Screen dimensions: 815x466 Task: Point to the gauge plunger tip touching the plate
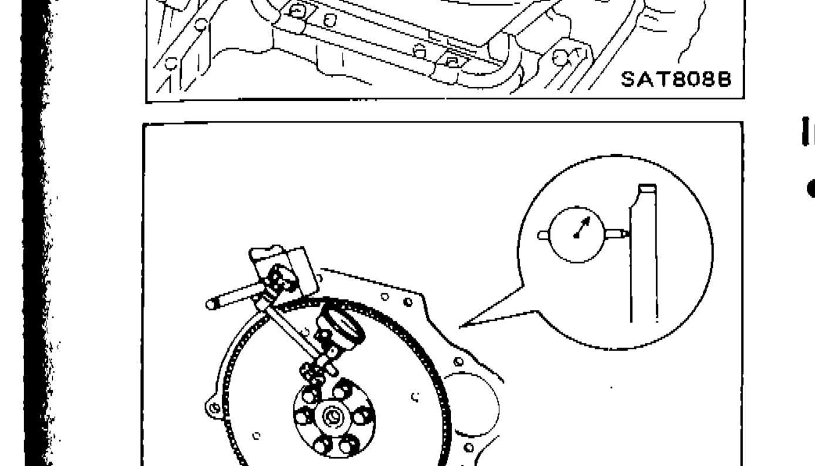tap(625, 234)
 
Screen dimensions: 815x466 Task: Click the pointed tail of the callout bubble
tap(469, 324)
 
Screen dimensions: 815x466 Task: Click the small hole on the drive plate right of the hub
tap(415, 396)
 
